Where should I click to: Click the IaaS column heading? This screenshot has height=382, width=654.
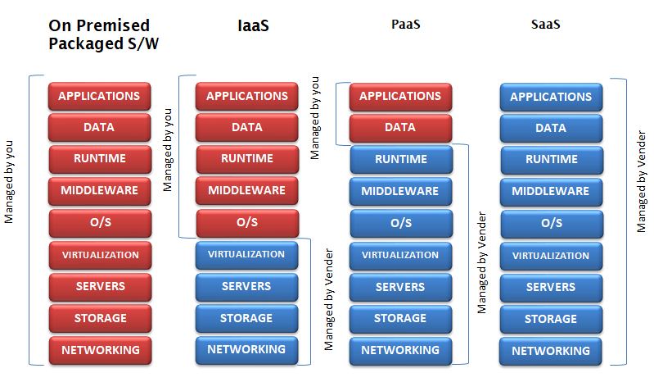[253, 25]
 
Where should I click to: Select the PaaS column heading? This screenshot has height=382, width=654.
[405, 25]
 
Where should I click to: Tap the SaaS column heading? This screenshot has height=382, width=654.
[546, 25]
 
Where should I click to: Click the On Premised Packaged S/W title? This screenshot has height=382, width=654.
[103, 34]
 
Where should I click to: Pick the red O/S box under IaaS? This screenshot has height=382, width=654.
[247, 222]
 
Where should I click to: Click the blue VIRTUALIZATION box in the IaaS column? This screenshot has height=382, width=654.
[246, 255]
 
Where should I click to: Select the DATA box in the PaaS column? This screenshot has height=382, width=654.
[400, 128]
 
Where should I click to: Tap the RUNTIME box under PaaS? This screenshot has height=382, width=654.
[401, 160]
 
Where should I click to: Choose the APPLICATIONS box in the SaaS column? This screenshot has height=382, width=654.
[551, 98]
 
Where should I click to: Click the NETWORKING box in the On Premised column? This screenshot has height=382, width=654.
[100, 350]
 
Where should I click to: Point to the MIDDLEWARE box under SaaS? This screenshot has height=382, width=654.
[551, 192]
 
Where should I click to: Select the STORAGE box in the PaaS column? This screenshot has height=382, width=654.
[400, 319]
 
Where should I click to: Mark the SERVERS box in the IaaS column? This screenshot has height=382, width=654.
[246, 287]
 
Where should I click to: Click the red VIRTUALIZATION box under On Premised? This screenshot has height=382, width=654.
[100, 255]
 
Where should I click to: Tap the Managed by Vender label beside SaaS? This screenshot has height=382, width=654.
[641, 182]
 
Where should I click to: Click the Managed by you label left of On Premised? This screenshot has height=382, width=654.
[9, 182]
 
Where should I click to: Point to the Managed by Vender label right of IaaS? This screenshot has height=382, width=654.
[329, 300]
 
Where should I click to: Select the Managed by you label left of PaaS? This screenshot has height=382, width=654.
[315, 118]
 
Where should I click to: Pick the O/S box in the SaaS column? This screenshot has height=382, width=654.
[552, 224]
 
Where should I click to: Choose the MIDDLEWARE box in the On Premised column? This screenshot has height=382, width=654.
[99, 191]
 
